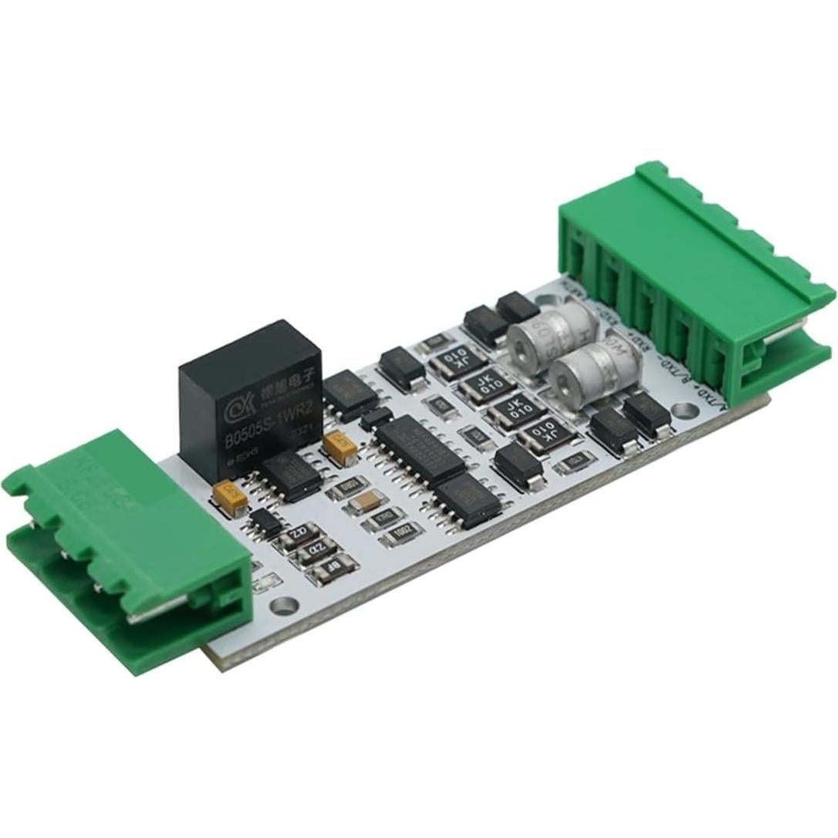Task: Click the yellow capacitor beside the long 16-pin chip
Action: (340, 445)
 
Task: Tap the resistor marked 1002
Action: (402, 532)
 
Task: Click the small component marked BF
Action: (332, 569)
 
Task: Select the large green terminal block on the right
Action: (694, 278)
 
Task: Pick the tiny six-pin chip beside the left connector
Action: (265, 523)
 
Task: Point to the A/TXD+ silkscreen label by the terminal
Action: (711, 400)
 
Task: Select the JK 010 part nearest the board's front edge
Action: (546, 434)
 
